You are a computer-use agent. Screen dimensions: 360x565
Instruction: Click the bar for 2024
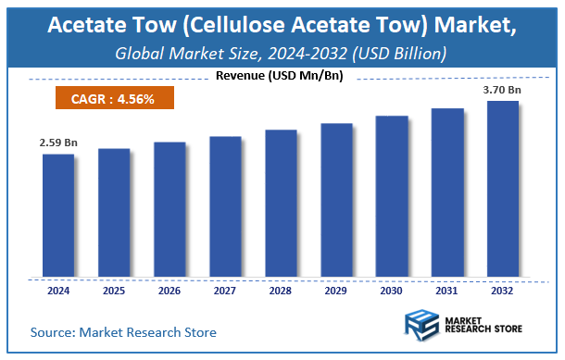click(57, 216)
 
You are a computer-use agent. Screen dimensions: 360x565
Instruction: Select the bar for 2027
click(225, 207)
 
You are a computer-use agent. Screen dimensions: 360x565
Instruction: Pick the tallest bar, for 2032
click(503, 189)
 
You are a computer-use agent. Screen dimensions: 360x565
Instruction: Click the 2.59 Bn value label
click(57, 143)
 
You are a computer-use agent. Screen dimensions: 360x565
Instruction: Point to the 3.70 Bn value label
click(503, 91)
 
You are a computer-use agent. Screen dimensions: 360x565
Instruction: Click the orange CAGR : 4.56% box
click(112, 96)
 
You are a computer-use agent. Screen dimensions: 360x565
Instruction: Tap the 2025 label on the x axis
click(113, 291)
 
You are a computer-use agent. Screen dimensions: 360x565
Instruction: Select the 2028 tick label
click(281, 291)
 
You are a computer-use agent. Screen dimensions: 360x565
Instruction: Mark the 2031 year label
click(447, 291)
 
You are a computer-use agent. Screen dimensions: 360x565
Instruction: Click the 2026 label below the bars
click(169, 291)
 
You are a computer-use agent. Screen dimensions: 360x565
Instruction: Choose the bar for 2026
click(169, 210)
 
